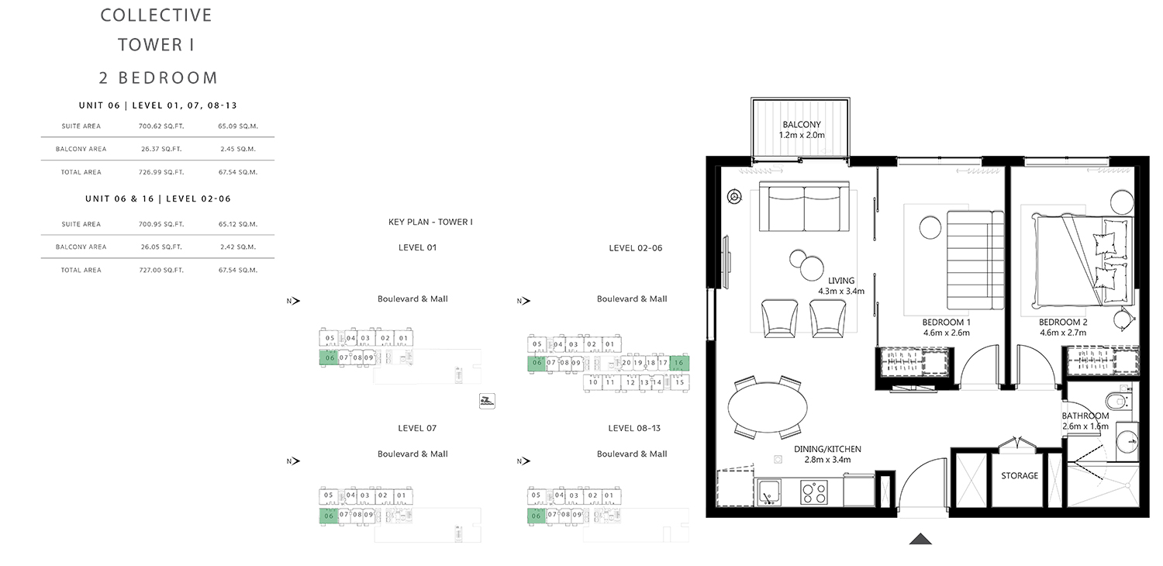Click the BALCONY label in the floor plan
[802, 125]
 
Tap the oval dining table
[768, 408]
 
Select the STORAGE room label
[1020, 475]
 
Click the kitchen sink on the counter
[769, 492]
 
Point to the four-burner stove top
[813, 492]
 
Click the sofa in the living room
[804, 207]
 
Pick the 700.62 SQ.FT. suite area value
[161, 126]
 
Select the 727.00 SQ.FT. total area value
[161, 270]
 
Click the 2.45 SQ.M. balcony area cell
[238, 149]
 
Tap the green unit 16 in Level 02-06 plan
[679, 363]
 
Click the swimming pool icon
[487, 401]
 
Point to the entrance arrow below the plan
[920, 539]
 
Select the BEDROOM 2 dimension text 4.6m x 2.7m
[1062, 333]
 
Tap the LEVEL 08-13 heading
[634, 429]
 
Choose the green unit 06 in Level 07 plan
[329, 516]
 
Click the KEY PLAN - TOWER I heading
[430, 223]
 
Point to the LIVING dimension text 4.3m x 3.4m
[841, 292]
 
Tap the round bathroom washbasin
[1126, 441]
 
